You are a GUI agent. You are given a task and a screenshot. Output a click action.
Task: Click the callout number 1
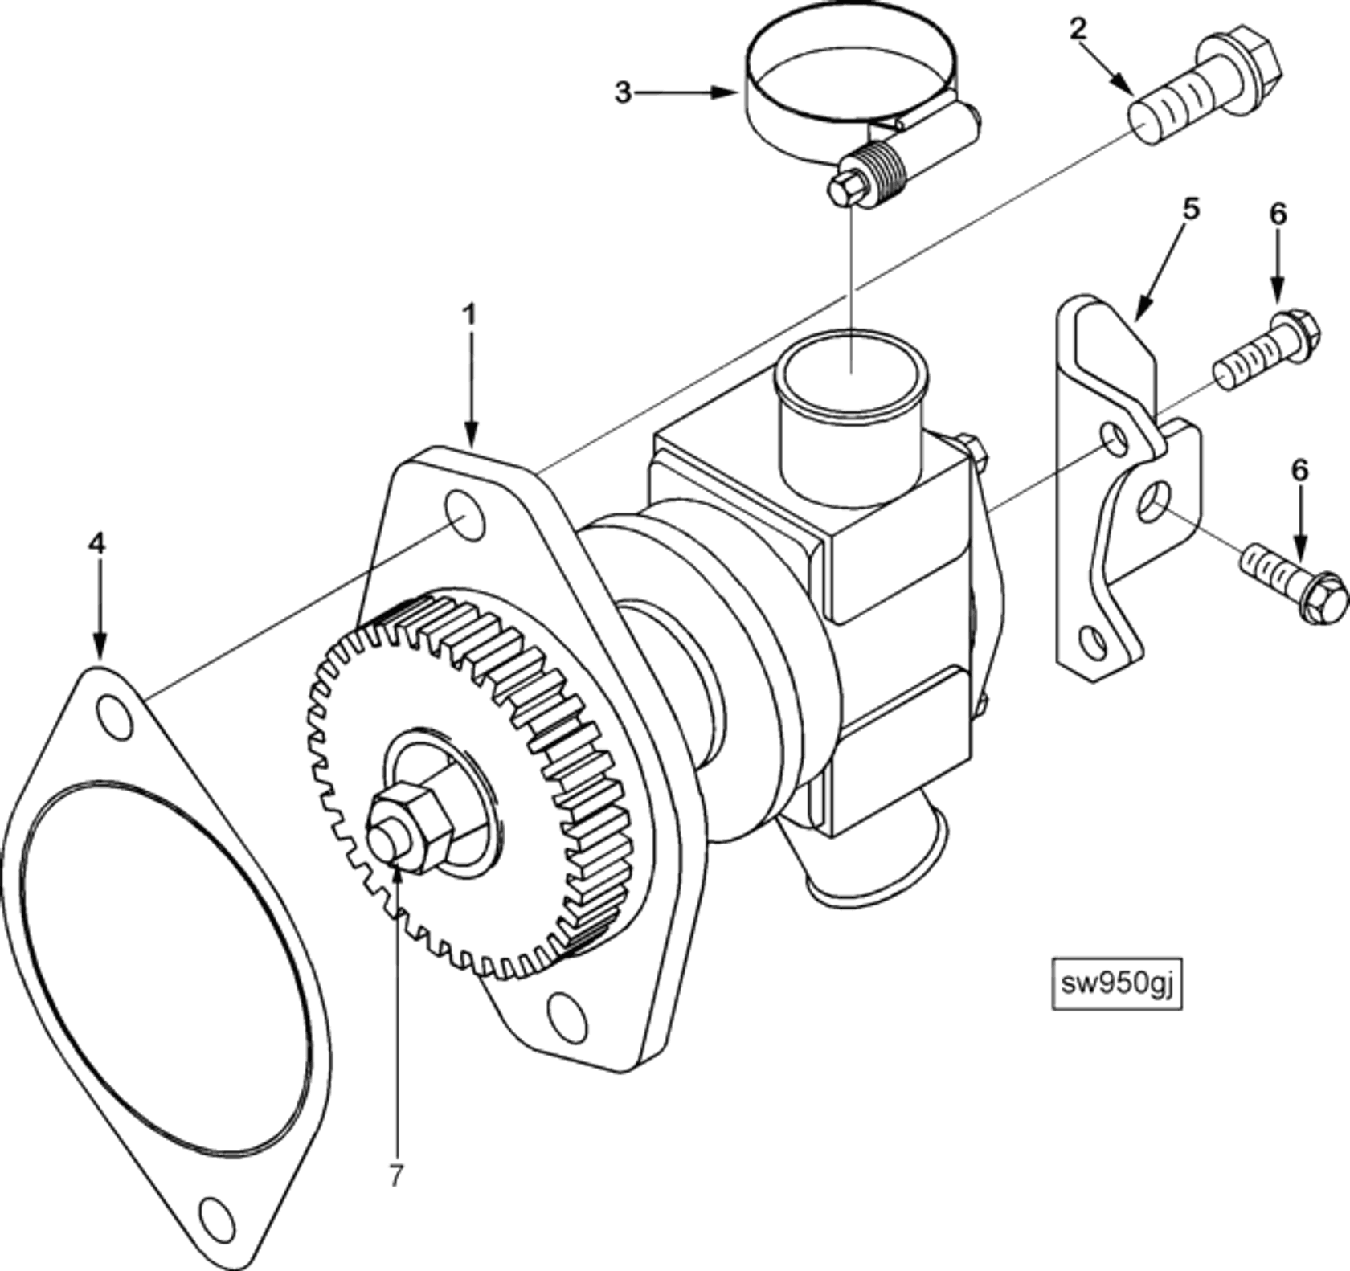coord(470,314)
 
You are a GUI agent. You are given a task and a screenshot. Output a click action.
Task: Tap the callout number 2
coord(1078,30)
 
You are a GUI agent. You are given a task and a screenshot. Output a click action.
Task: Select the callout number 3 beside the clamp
coord(623,92)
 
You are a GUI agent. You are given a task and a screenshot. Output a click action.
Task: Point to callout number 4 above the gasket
coord(96,544)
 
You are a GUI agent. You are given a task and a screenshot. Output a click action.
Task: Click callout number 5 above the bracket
coord(1191,208)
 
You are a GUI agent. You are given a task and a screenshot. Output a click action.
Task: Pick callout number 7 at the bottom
coord(395,1176)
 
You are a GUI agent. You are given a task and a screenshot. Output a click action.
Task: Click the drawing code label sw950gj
coord(1117,983)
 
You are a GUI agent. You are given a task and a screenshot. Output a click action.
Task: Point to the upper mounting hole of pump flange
coord(465,516)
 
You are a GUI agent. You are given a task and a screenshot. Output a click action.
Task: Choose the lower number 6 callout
coord(1299,470)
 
